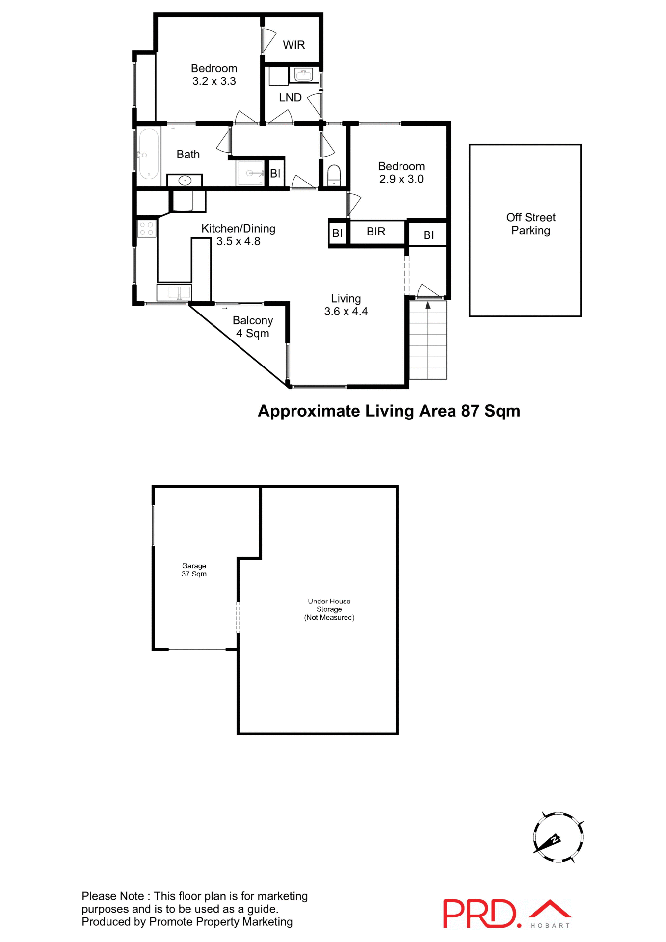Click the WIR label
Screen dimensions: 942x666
pyautogui.click(x=293, y=45)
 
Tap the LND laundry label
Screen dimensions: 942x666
pyautogui.click(x=290, y=98)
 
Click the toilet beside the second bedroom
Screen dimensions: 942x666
pyautogui.click(x=334, y=175)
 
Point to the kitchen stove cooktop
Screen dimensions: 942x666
pyautogui.click(x=146, y=229)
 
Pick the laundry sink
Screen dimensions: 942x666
pyautogui.click(x=304, y=75)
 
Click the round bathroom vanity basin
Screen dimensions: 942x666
pyautogui.click(x=185, y=181)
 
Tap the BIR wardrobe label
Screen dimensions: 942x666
pyautogui.click(x=376, y=232)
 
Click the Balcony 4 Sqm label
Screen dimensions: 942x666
pyautogui.click(x=253, y=327)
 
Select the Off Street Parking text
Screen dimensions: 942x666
pyautogui.click(x=531, y=224)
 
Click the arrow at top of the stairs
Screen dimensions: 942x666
pyautogui.click(x=428, y=305)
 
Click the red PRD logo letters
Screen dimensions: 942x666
pyautogui.click(x=480, y=913)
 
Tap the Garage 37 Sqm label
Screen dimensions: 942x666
pyautogui.click(x=194, y=570)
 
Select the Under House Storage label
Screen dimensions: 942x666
pyautogui.click(x=329, y=609)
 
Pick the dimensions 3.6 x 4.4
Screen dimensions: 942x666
pyautogui.click(x=346, y=312)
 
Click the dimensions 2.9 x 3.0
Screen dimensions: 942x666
pyautogui.click(x=401, y=179)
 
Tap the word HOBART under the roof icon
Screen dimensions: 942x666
pyautogui.click(x=550, y=926)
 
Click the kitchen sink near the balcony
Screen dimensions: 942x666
pyautogui.click(x=174, y=293)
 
